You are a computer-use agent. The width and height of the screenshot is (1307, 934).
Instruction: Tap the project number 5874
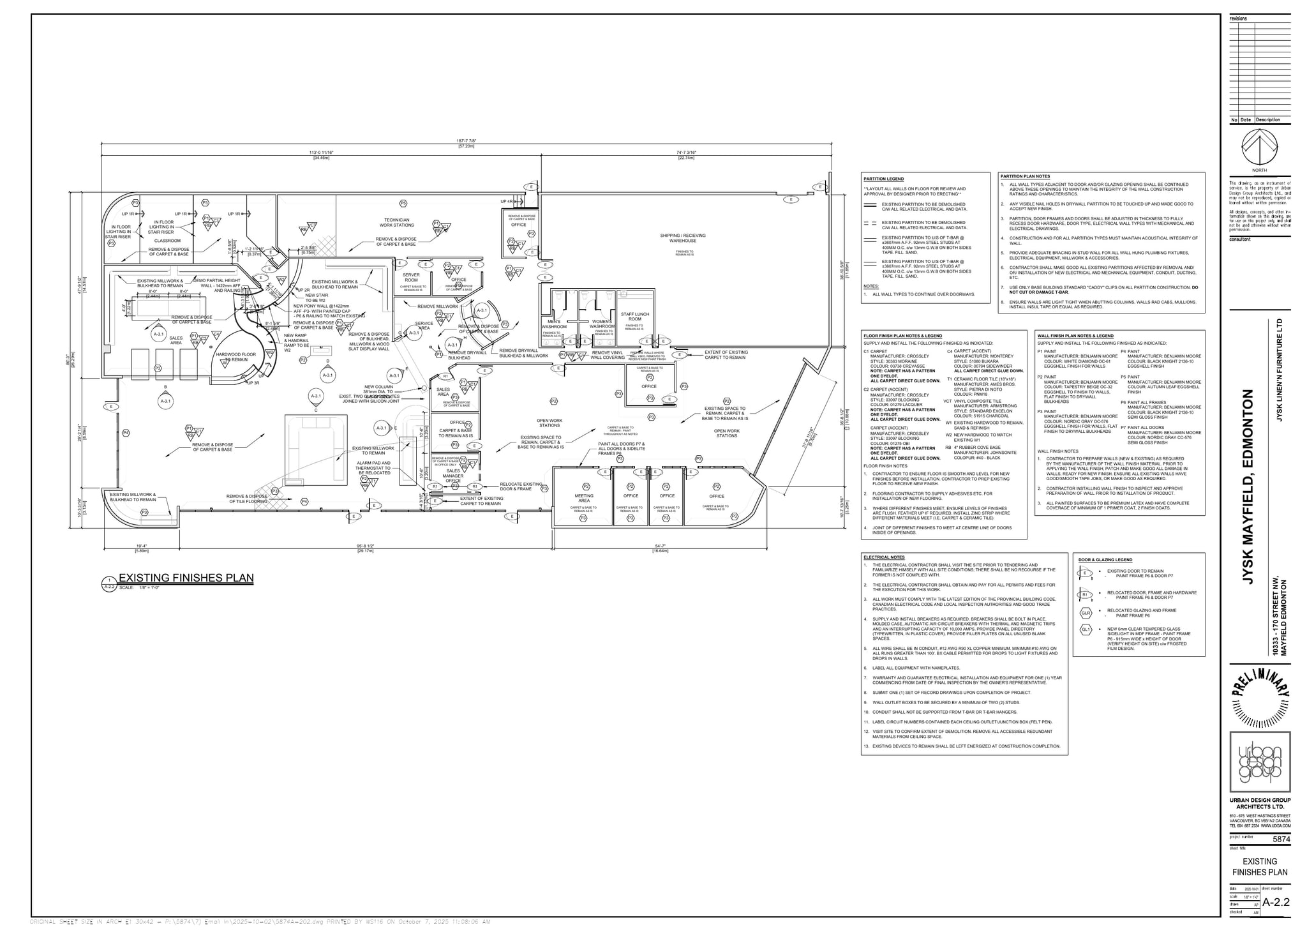(1281, 840)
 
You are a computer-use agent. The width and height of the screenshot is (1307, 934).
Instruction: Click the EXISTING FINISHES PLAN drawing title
(186, 578)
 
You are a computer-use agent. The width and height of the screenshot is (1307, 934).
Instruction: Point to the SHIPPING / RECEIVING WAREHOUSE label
(683, 238)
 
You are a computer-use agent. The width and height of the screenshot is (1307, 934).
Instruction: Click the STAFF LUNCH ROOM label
(634, 317)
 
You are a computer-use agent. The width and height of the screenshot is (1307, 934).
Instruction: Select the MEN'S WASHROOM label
(554, 324)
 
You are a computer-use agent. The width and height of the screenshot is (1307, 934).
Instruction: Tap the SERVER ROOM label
(411, 278)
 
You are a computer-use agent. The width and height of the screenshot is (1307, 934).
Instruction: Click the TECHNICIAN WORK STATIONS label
(396, 222)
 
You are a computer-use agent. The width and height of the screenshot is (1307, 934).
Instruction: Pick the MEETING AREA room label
(583, 498)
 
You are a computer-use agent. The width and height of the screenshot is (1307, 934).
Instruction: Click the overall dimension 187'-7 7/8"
(467, 141)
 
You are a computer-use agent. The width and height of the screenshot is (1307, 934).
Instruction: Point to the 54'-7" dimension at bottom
(660, 546)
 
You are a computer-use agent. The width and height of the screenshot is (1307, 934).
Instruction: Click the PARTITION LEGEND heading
(883, 179)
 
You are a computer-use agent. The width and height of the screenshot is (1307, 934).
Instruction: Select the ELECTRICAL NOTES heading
(883, 557)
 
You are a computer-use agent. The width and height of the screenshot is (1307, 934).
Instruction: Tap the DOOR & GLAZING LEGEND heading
(1105, 560)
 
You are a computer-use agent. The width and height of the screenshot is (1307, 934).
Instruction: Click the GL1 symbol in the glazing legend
(1086, 630)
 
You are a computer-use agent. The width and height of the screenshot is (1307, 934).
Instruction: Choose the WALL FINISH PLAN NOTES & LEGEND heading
(1075, 336)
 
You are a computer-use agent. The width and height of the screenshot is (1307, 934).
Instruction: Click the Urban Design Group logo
(1260, 764)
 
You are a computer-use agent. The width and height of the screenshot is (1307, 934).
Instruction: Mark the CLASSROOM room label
(167, 241)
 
